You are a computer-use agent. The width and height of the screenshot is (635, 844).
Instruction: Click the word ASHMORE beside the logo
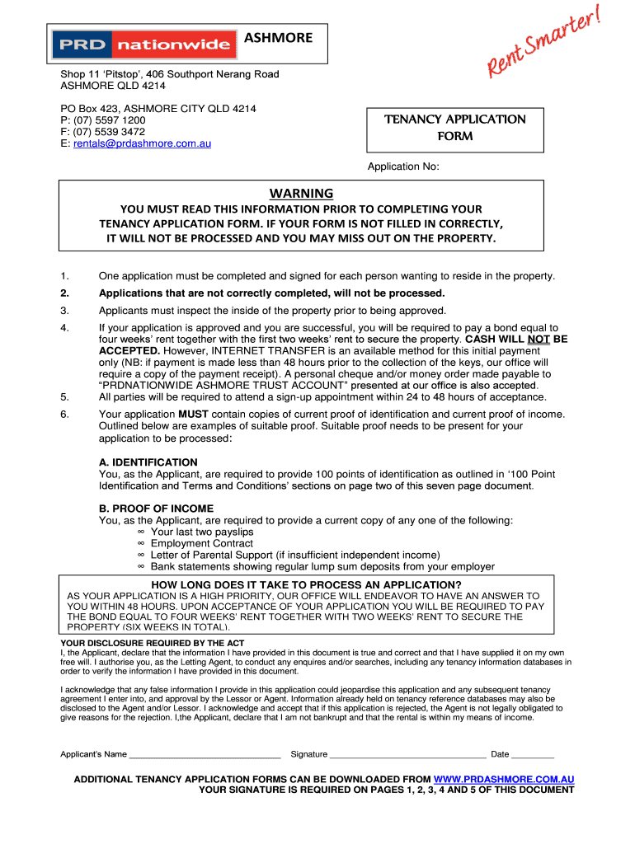[278, 37]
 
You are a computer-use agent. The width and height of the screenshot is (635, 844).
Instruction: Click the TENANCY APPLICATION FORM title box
[454, 128]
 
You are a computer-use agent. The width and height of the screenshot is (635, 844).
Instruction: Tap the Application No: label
[403, 166]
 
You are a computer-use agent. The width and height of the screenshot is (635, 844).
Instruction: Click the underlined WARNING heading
[301, 193]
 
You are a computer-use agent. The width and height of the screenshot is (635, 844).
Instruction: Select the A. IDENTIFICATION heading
[148, 462]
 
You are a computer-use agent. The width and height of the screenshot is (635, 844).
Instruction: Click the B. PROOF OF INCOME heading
[156, 509]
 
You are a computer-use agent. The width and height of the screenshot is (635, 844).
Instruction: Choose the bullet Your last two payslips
[202, 532]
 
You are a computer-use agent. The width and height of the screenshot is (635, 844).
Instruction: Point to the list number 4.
[64, 327]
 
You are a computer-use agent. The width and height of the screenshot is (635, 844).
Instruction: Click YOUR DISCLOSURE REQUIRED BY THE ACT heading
[153, 643]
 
